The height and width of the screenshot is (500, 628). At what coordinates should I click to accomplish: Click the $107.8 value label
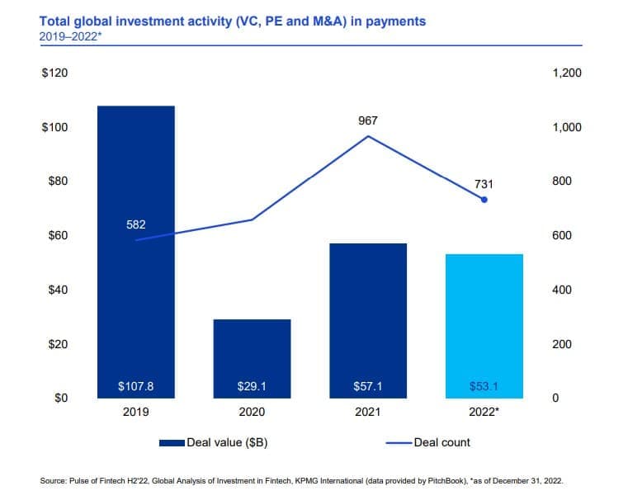[136, 385]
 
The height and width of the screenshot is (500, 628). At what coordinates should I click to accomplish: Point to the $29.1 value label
[252, 385]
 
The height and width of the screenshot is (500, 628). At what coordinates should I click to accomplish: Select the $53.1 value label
[484, 385]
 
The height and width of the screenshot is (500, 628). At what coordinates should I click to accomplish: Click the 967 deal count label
[368, 120]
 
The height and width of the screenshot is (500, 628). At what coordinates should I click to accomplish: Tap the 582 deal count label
[136, 224]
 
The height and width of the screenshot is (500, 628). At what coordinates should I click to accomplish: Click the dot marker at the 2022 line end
[484, 200]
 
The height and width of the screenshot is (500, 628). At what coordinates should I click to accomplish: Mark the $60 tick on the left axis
[57, 236]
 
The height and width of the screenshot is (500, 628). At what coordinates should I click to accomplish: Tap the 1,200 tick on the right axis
[566, 73]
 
